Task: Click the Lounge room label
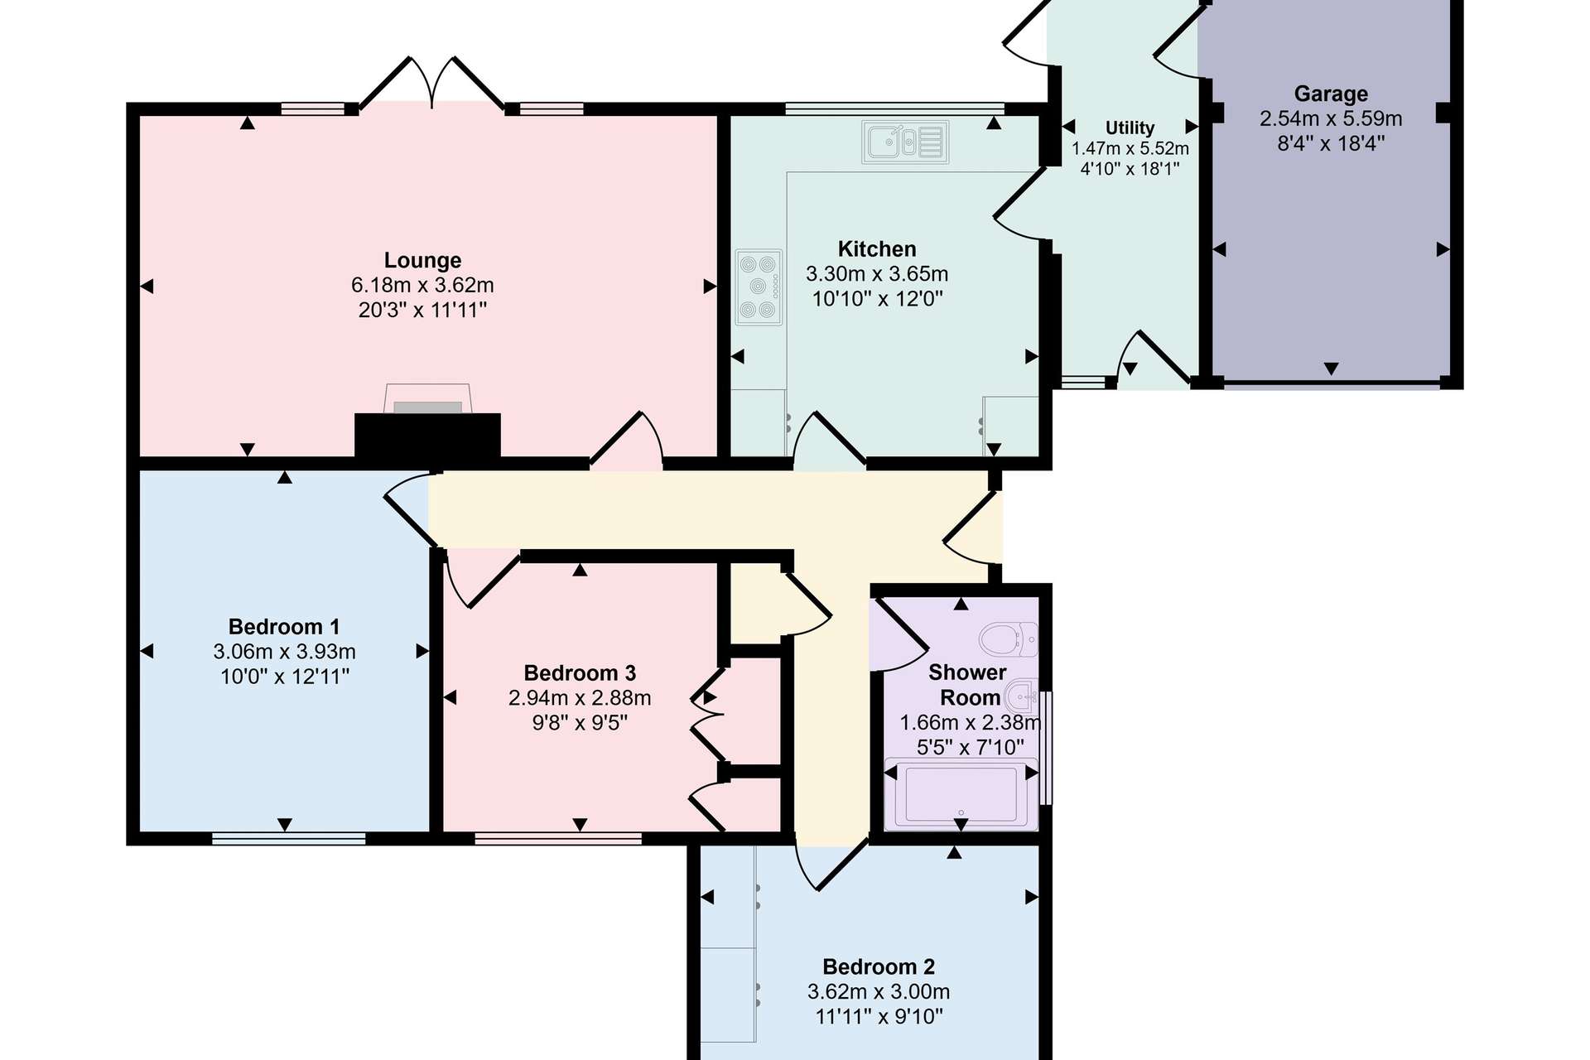[422, 260]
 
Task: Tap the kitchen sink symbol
[905, 142]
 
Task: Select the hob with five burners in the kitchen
[759, 287]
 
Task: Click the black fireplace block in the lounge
[427, 436]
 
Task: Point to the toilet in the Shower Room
[1009, 639]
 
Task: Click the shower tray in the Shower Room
[961, 793]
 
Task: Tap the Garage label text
[1331, 94]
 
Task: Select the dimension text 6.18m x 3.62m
[422, 285]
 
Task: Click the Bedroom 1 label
[284, 627]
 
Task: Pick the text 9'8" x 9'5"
[580, 723]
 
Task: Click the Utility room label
[1130, 128]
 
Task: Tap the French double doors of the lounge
[432, 83]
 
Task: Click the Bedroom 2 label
[879, 966]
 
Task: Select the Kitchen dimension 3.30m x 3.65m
[877, 274]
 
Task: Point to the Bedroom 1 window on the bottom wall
[289, 839]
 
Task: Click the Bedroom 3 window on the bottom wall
[558, 839]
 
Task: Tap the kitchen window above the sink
[894, 108]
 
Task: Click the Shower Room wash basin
[1021, 696]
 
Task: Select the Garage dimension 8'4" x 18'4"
[1331, 143]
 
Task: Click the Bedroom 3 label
[580, 673]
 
